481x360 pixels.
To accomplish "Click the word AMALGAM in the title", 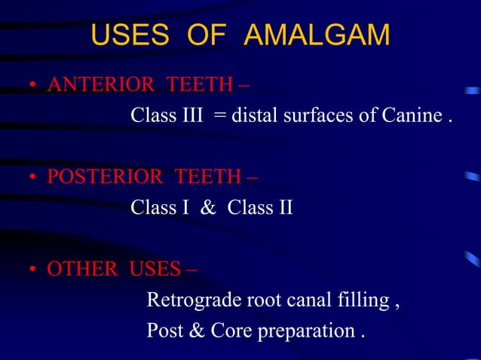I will click(317, 35).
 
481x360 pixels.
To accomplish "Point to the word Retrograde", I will click(192, 301).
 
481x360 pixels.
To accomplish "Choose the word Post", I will click(161, 331).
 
